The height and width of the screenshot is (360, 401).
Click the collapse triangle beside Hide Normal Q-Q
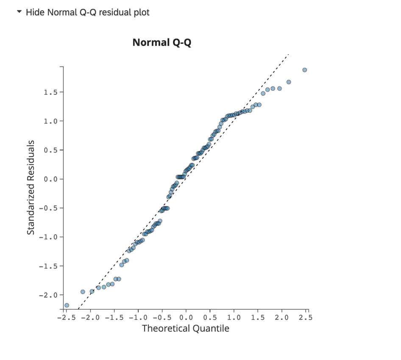(19, 12)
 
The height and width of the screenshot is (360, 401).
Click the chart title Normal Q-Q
(162, 42)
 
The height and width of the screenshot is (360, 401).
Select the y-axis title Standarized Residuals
(31, 188)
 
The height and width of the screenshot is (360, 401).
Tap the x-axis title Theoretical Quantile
(185, 328)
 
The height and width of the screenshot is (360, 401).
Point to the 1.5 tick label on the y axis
(50, 92)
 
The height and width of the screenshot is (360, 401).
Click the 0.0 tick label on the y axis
(50, 179)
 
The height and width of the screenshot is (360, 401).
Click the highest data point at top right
(304, 70)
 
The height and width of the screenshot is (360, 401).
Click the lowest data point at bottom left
(67, 305)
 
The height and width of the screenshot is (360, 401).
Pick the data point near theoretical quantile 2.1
(289, 82)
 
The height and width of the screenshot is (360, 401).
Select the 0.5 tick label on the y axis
(50, 150)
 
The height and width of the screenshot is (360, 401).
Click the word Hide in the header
(35, 12)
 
